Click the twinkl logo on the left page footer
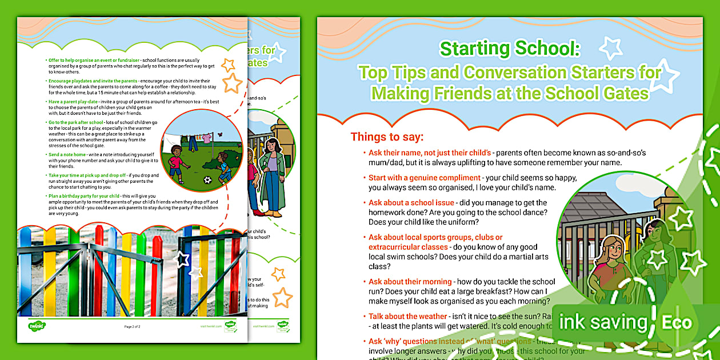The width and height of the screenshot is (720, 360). pos(37,326)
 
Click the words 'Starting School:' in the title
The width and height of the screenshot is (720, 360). pos(510,50)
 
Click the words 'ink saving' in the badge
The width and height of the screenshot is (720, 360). pos(603,322)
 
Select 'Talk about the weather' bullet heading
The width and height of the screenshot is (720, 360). pos(407,316)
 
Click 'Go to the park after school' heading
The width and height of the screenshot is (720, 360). pos(75,122)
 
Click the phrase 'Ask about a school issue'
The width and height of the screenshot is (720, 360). pos(411,203)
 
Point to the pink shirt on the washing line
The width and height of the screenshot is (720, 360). pos(206,138)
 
